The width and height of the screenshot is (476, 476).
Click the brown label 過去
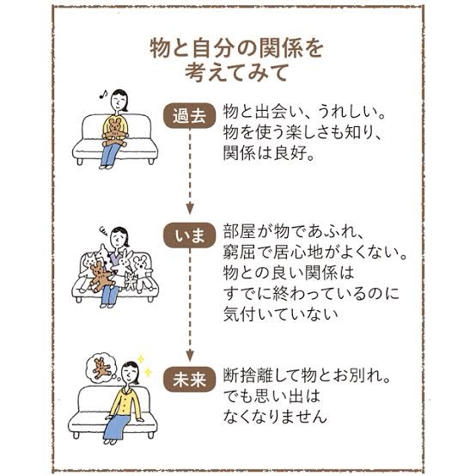click(x=190, y=116)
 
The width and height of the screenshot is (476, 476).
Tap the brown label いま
click(x=190, y=235)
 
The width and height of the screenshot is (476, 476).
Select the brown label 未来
click(x=190, y=380)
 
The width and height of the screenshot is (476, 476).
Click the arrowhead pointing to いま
click(x=190, y=209)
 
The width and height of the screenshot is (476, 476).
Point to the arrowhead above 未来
click(x=190, y=355)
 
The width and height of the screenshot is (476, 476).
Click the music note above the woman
click(x=103, y=95)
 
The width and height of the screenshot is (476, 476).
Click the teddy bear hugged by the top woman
click(x=115, y=132)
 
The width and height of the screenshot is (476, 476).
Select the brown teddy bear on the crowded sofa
click(x=101, y=276)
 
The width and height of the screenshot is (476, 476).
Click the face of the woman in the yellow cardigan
click(x=130, y=374)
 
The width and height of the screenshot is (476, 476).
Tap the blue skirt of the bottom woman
click(x=115, y=426)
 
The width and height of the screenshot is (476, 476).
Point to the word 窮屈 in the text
click(x=239, y=252)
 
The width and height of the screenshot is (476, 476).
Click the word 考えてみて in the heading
click(x=237, y=73)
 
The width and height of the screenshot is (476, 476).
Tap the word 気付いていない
click(x=280, y=314)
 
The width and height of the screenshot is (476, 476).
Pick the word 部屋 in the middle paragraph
click(x=239, y=232)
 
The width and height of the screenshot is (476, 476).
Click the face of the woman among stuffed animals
click(x=119, y=238)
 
